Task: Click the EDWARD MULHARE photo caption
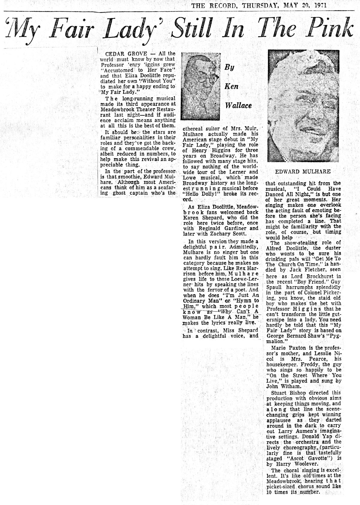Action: click(x=303, y=172)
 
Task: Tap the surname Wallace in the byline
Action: click(x=238, y=105)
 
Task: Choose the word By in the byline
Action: click(x=229, y=67)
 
